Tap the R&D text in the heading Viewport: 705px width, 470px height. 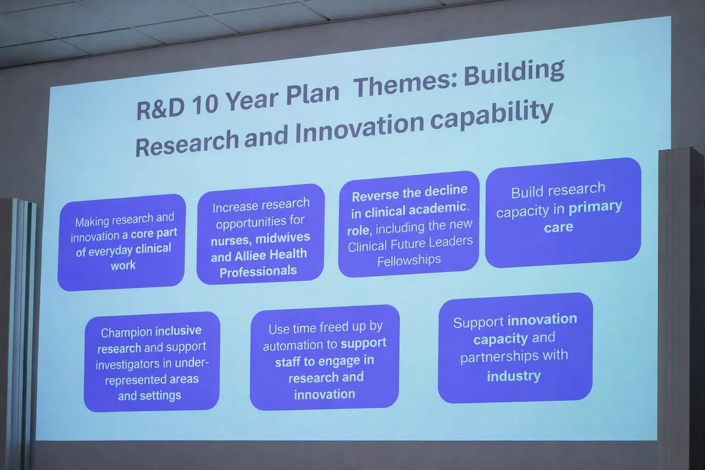(160, 108)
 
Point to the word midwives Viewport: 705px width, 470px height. (283, 237)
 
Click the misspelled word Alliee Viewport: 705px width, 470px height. (250, 255)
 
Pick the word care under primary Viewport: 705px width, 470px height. (558, 227)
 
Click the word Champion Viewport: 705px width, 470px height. (127, 332)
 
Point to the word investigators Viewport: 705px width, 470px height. (128, 365)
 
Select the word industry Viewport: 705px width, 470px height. (514, 376)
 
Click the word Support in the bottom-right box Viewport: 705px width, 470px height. (478, 323)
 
